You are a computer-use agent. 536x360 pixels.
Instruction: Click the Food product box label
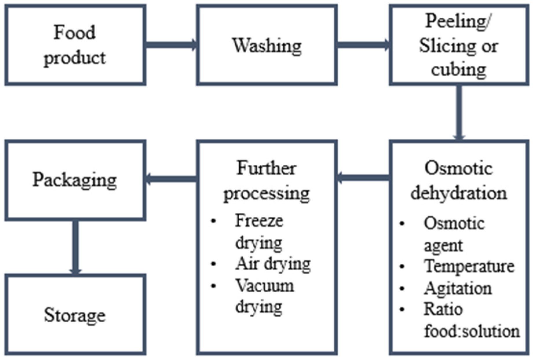click(75, 45)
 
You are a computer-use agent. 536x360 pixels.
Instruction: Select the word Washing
click(267, 46)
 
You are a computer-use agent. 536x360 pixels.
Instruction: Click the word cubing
click(458, 69)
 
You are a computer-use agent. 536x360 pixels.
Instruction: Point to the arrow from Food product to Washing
click(171, 45)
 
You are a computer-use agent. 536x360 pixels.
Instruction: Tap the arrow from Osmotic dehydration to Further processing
click(363, 178)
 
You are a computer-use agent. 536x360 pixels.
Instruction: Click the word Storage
click(75, 315)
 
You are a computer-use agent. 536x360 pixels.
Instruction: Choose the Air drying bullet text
click(273, 264)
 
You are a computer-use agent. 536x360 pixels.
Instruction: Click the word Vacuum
click(265, 286)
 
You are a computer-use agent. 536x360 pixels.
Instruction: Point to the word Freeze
click(259, 221)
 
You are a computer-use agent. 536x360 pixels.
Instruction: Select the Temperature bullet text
click(469, 266)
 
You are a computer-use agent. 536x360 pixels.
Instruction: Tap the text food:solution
click(472, 331)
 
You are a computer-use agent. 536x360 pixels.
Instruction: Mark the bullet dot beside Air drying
click(214, 264)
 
